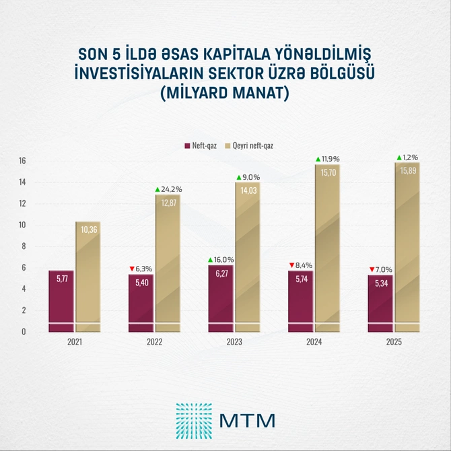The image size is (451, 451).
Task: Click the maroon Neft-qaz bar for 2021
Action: point(61,296)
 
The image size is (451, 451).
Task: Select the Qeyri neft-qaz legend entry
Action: point(252,145)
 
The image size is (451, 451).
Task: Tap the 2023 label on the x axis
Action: point(234,343)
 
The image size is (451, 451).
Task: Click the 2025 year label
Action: point(393,343)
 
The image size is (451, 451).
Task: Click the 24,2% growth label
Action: point(172,190)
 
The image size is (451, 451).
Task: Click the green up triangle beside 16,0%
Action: point(211,259)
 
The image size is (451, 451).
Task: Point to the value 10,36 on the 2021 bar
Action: point(88,230)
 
